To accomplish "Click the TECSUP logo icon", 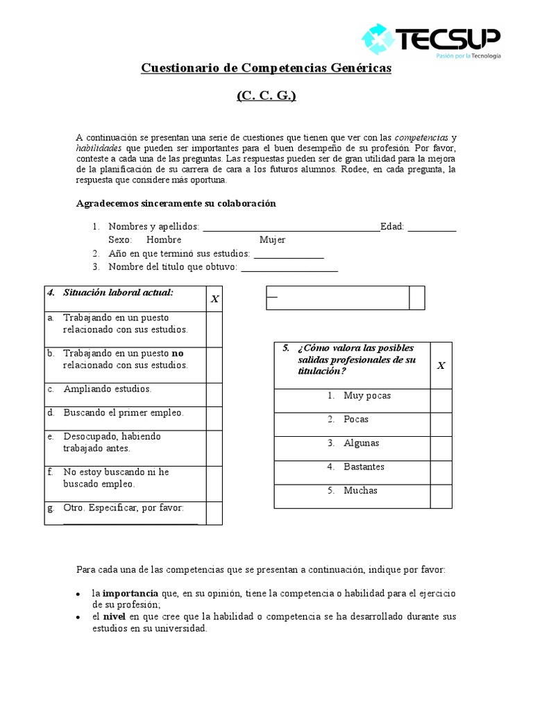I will [x=379, y=39].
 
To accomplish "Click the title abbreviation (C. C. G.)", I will [x=266, y=96].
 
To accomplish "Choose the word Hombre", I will [x=164, y=240].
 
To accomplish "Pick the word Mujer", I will [x=273, y=240].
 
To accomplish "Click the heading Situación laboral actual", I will [x=118, y=293].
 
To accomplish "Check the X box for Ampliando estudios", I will [x=214, y=395].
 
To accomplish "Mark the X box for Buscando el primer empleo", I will [x=214, y=418].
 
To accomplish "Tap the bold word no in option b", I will [x=178, y=353].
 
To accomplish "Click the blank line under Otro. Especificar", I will [x=130, y=521].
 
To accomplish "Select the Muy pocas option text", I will [x=367, y=396].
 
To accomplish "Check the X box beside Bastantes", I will [x=441, y=472].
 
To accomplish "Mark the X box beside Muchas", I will [x=441, y=496].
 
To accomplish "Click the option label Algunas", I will [x=362, y=443].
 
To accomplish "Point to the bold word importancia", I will [x=131, y=594].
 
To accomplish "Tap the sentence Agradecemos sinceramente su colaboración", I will [x=176, y=203].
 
